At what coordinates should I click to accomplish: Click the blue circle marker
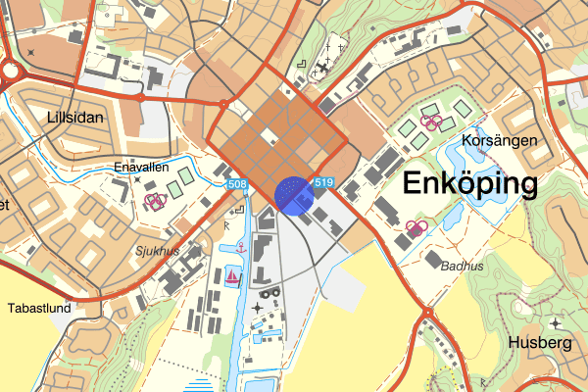coord(293,194)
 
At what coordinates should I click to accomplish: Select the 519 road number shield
coord(324,182)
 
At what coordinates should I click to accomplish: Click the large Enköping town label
coord(470,184)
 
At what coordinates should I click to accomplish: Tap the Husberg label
coord(540,343)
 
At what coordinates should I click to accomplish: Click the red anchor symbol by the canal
coord(238,250)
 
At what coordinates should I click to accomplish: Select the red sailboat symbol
coord(232,278)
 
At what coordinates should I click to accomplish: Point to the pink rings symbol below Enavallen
coord(153,200)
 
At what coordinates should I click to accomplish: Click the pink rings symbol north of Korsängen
coord(432,122)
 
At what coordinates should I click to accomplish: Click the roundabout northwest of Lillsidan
coord(8,71)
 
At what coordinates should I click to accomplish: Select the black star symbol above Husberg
coord(555,322)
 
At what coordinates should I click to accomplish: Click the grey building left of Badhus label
coord(432,259)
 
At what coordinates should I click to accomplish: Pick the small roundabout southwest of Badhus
coord(427,313)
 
